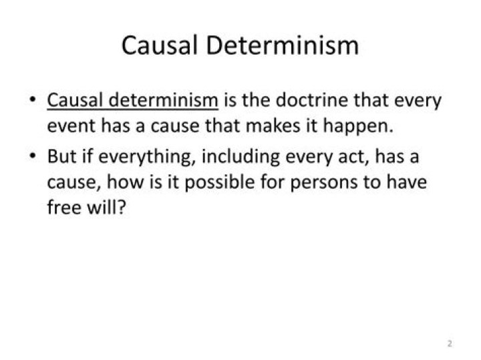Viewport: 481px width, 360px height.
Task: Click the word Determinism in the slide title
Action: tap(282, 45)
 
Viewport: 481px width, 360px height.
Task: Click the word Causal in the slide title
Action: tap(159, 45)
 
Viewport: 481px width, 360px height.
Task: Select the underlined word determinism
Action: tap(164, 100)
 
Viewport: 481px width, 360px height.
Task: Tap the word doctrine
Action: tap(312, 100)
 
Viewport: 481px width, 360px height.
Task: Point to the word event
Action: tap(71, 126)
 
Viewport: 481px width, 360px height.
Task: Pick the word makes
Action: tap(273, 126)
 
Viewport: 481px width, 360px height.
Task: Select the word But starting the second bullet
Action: tap(61, 156)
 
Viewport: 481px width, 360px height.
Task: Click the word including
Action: tap(240, 157)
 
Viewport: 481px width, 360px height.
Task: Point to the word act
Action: tap(351, 157)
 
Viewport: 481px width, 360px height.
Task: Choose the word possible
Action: tap(219, 182)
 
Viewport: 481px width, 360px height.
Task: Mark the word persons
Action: tap(323, 183)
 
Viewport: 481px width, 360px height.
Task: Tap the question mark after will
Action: tap(122, 207)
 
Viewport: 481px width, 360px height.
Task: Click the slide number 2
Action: tap(450, 343)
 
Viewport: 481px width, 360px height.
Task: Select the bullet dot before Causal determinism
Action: tap(32, 100)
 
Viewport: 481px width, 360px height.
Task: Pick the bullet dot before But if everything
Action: tap(32, 156)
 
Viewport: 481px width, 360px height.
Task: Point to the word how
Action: tap(125, 182)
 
